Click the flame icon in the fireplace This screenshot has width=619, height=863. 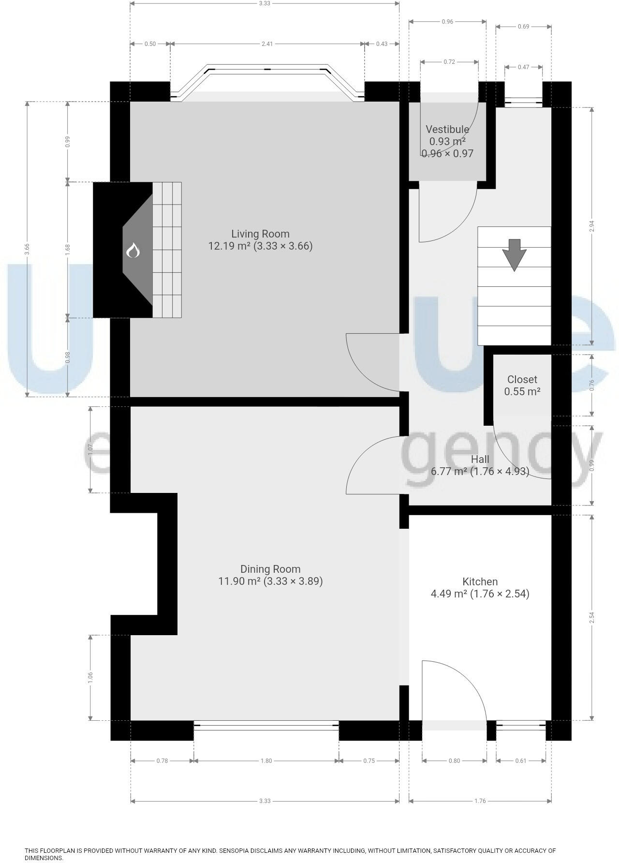(133, 251)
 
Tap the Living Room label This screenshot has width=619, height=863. (260, 234)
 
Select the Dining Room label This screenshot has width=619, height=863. (270, 569)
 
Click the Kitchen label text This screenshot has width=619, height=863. (480, 581)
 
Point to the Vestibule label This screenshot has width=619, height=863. (447, 130)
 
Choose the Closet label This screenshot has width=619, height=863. (522, 380)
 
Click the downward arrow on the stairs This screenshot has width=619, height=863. (514, 254)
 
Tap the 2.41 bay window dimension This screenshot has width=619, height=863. (267, 44)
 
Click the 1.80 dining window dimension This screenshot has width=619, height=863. (266, 761)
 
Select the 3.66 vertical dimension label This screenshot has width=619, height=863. (27, 249)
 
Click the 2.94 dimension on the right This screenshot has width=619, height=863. (592, 226)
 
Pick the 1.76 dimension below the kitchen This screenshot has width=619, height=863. (480, 801)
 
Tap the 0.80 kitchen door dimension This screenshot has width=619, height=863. (454, 761)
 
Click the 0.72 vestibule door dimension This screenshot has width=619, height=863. (449, 62)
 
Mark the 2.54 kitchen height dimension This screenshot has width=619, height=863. (592, 618)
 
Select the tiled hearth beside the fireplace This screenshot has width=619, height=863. (167, 250)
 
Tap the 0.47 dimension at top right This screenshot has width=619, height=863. (523, 67)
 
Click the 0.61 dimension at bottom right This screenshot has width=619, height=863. (520, 761)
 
